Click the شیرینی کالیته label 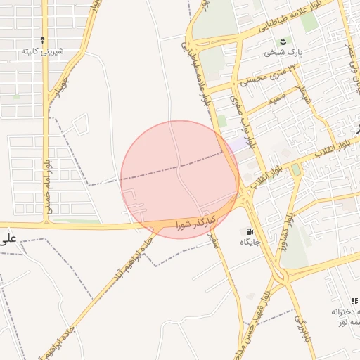[x=43, y=51]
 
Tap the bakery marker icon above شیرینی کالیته [x=43, y=40]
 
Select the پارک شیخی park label [x=283, y=52]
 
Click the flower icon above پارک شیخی [x=283, y=41]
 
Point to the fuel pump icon [x=250, y=231]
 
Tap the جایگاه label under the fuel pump [x=250, y=242]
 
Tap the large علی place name [x=8, y=239]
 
